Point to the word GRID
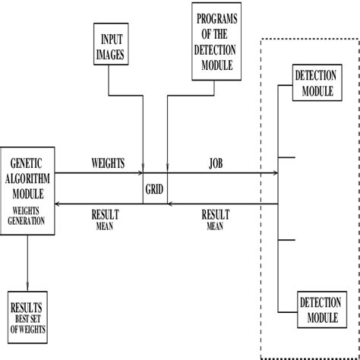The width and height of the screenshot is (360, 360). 155,187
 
